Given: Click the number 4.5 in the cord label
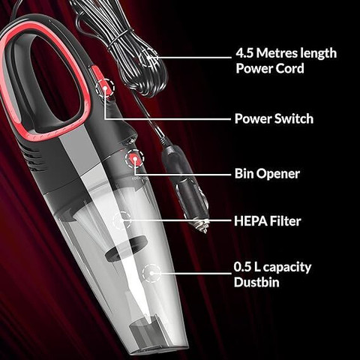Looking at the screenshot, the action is pos(244,53).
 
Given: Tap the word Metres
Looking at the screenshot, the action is pos(277,53).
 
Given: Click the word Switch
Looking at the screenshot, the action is pos(294,118).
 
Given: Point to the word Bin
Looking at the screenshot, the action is pos(243,173).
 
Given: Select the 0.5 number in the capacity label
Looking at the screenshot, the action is pos(242,267).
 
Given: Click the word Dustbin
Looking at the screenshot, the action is pos(256,282).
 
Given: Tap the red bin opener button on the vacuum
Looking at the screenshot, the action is pos(134,158).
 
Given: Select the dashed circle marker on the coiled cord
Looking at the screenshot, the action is pos(148,58).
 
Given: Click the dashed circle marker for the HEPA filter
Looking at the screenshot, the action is pos(122,220).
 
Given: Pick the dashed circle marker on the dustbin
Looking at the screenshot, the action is pos(151,273).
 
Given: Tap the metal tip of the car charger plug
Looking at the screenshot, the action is pos(202,226).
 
